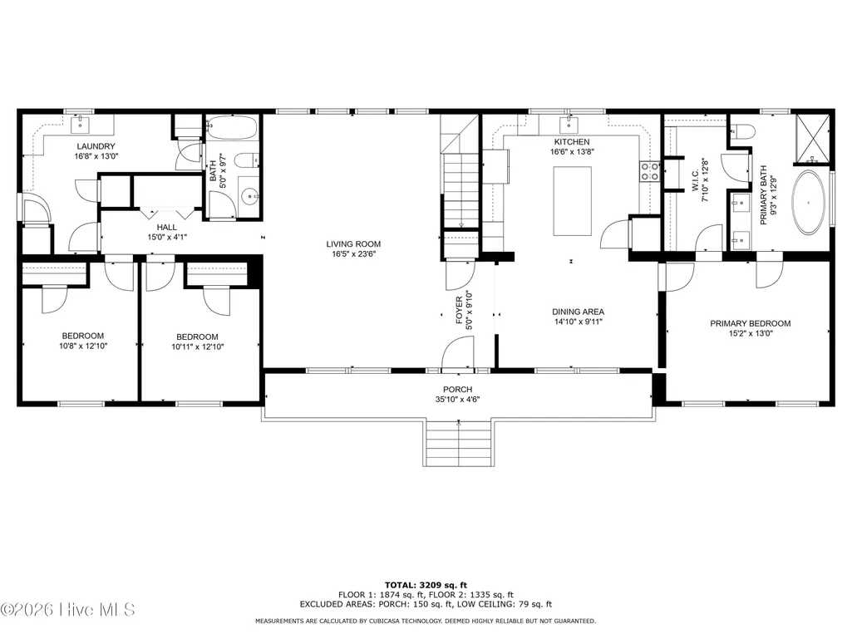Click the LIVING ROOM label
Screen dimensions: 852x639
click(x=353, y=244)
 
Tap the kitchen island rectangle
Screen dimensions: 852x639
click(x=572, y=201)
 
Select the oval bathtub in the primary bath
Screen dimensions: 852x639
click(x=809, y=203)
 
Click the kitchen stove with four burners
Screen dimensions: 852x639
click(x=650, y=171)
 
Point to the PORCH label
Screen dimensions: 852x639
click(x=457, y=390)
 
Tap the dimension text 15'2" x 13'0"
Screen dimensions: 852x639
click(x=751, y=333)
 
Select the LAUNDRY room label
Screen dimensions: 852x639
click(x=96, y=146)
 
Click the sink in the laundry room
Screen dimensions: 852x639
click(x=81, y=125)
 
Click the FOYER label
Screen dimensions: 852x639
click(x=459, y=310)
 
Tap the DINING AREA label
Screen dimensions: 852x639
click(x=579, y=312)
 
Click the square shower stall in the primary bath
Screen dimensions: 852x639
click(x=813, y=139)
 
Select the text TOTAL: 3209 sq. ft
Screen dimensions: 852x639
click(x=426, y=585)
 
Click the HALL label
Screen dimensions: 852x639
click(x=167, y=227)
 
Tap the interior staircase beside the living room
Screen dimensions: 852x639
click(x=460, y=190)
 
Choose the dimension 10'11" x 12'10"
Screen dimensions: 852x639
click(x=197, y=347)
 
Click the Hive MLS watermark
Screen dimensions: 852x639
click(x=67, y=610)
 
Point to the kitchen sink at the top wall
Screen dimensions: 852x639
click(x=569, y=125)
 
